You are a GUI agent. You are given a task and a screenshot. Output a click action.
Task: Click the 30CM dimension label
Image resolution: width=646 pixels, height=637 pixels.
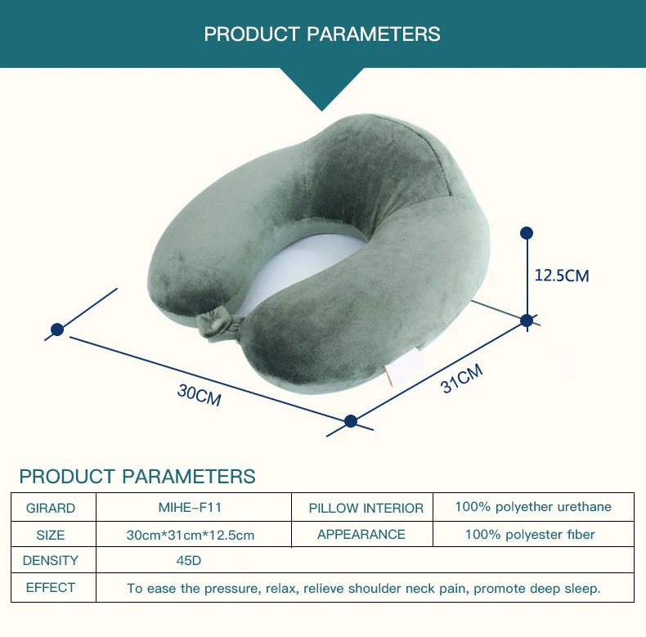200,396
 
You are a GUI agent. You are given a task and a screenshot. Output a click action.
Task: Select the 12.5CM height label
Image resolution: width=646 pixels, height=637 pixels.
562,276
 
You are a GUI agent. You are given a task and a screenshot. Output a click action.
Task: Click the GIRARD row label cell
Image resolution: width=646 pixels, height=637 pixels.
51,508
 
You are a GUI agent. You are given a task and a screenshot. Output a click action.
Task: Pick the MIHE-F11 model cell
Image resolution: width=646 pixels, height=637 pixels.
190,507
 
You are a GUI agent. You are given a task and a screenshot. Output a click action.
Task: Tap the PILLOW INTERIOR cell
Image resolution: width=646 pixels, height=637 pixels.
366,508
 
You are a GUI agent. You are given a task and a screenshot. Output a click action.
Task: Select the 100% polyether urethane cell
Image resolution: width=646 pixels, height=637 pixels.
533,507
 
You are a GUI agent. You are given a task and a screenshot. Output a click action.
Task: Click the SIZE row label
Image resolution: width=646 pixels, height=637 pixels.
51,535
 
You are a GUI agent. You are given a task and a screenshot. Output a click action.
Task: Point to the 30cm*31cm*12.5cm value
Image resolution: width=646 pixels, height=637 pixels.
191,535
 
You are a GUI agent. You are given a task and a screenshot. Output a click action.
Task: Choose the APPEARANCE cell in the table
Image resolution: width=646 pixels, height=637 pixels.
361,534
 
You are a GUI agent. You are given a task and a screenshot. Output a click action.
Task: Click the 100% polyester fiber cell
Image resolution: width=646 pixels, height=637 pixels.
530,535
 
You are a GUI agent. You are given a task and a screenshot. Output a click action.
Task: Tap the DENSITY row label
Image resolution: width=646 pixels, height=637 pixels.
51,561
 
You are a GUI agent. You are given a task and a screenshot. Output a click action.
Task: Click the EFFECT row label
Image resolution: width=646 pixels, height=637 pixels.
51,587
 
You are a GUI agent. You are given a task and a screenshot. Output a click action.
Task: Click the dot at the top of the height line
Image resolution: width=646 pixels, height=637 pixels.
527,233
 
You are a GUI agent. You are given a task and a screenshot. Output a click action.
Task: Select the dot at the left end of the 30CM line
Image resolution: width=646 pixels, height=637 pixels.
57,330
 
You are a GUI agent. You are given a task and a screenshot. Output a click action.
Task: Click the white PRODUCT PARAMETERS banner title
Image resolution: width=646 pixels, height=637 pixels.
322,34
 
